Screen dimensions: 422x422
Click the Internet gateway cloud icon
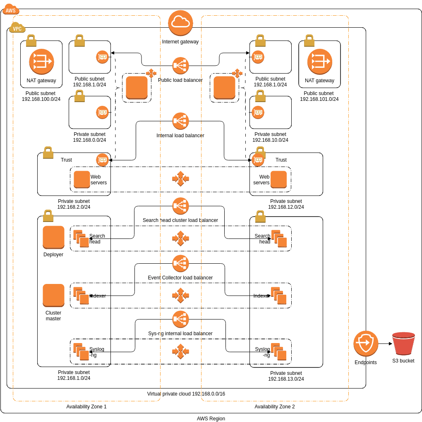[180, 23]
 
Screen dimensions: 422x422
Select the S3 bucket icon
[403, 343]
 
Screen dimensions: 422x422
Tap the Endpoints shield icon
[366, 343]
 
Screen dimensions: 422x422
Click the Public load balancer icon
[180, 65]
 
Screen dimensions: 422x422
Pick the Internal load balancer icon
[180, 121]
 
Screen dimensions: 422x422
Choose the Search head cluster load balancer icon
[180, 206]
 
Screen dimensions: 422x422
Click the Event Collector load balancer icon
[180, 263]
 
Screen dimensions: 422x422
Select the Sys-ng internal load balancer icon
[180, 319]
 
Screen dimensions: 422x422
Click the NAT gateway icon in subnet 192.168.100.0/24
[41, 62]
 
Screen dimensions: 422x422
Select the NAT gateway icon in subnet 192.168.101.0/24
[319, 62]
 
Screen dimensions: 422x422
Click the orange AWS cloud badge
[11, 10]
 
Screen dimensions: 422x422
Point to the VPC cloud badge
[17, 29]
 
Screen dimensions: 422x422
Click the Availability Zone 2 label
[274, 407]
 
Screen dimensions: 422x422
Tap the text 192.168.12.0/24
[286, 207]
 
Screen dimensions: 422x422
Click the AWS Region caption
[211, 419]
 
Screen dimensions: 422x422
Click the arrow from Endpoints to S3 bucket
[385, 343]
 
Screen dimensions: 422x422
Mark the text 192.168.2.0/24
[74, 207]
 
